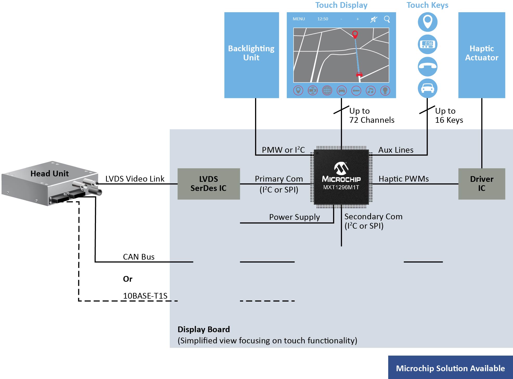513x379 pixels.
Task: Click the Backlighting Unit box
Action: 251,55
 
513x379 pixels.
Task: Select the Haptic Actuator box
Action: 482,55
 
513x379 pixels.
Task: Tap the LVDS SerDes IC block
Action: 209,184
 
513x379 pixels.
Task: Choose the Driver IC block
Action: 482,184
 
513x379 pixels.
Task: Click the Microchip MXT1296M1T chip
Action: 341,177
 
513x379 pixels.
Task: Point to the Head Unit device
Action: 49,182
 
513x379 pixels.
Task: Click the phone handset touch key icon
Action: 427,66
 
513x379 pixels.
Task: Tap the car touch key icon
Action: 427,88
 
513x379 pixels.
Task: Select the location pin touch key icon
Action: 427,22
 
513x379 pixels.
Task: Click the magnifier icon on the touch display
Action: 387,19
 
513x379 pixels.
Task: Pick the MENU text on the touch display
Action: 299,19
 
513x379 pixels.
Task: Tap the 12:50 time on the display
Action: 323,19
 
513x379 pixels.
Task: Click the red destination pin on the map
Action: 355,34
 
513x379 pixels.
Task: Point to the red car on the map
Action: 359,74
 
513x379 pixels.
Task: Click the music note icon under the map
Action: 371,91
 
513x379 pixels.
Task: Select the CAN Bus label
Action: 139,257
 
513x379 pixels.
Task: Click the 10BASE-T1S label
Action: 145,296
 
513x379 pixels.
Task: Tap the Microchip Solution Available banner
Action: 450,368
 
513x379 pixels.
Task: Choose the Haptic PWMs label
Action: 404,179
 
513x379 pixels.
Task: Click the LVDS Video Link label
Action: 135,179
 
